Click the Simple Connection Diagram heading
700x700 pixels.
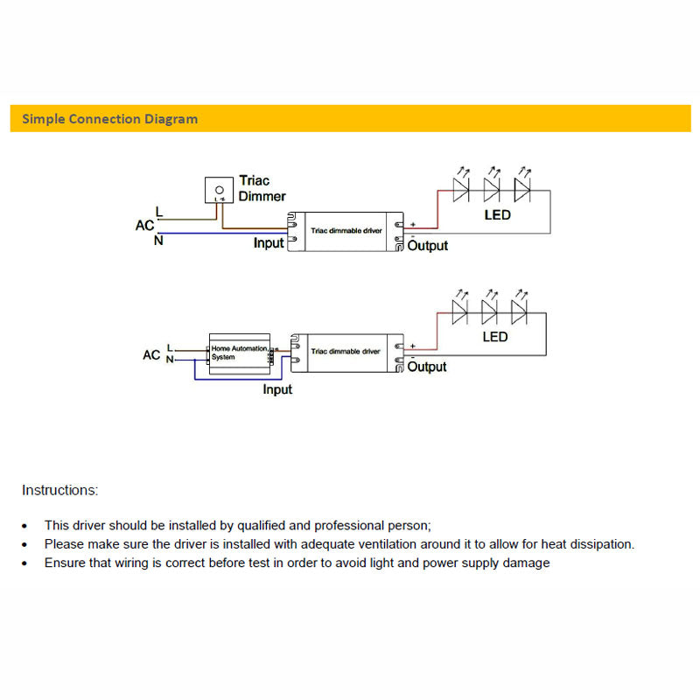(x=110, y=119)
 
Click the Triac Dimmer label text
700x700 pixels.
(x=262, y=189)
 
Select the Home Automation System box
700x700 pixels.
(x=239, y=353)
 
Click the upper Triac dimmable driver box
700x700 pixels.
(x=346, y=233)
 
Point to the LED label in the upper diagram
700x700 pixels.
(x=498, y=215)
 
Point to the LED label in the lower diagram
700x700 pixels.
(x=495, y=337)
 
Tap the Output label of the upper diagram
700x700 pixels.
(x=428, y=246)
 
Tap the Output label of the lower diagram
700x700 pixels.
(x=428, y=367)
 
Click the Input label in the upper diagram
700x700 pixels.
(x=269, y=243)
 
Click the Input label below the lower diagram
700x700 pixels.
(x=277, y=389)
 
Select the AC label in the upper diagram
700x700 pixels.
(x=144, y=226)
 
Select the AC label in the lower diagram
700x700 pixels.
(x=151, y=355)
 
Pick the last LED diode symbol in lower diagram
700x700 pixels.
(x=519, y=311)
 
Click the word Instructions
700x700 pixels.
(x=59, y=490)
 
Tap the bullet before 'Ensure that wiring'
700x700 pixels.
(x=24, y=563)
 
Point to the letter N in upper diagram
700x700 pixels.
(x=158, y=241)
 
